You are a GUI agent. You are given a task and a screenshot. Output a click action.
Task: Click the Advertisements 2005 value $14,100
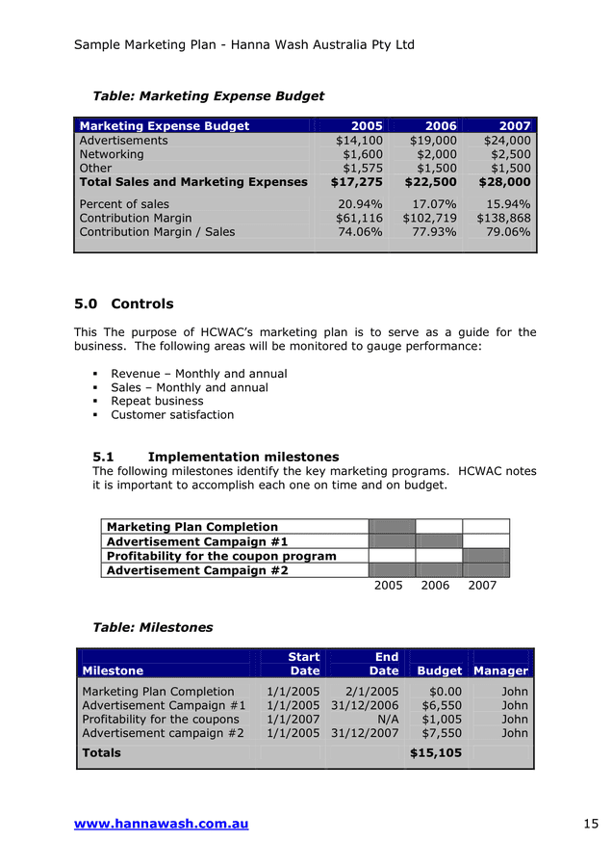click(x=358, y=141)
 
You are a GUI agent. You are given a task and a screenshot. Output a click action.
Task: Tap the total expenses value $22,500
click(x=430, y=182)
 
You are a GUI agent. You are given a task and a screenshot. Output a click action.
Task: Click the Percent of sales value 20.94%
click(x=360, y=204)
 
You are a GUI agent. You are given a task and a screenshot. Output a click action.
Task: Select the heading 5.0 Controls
click(x=124, y=304)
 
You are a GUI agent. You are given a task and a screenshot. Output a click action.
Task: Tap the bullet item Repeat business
click(x=157, y=401)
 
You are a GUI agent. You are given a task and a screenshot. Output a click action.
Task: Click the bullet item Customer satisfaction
click(x=172, y=415)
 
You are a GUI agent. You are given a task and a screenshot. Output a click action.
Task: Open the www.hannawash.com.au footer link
click(x=161, y=824)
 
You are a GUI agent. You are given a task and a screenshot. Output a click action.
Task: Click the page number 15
click(x=591, y=824)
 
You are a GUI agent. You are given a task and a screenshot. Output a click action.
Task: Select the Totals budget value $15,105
click(x=435, y=753)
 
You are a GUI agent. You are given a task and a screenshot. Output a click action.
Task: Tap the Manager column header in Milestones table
click(x=500, y=670)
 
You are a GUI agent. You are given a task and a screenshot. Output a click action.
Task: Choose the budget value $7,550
click(x=442, y=733)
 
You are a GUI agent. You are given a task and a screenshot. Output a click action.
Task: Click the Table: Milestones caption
click(x=152, y=627)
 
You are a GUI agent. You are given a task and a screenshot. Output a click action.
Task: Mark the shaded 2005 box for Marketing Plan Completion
click(x=392, y=527)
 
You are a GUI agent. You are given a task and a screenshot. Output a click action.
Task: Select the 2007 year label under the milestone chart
click(x=482, y=586)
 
